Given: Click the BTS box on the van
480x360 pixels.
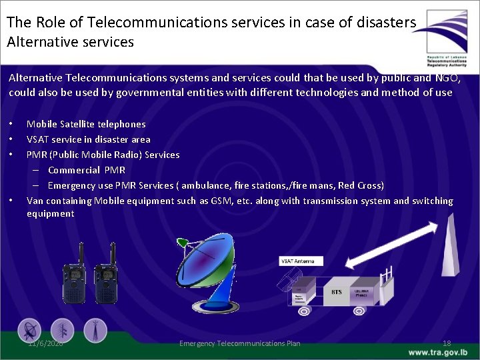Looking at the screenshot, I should tap(337, 291).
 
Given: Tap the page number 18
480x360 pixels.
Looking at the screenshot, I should tap(447, 343).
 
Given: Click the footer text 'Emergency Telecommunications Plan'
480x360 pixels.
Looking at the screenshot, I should tap(240, 343).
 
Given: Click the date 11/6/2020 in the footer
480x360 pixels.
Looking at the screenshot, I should tap(45, 343).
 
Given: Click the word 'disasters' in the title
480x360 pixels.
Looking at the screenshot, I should tap(387, 22).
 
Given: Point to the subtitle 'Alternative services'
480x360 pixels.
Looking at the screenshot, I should tap(70, 42).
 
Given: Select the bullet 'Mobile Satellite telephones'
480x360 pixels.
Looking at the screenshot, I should tap(85, 124).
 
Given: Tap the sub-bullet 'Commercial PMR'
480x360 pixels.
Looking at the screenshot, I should tap(86, 170).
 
